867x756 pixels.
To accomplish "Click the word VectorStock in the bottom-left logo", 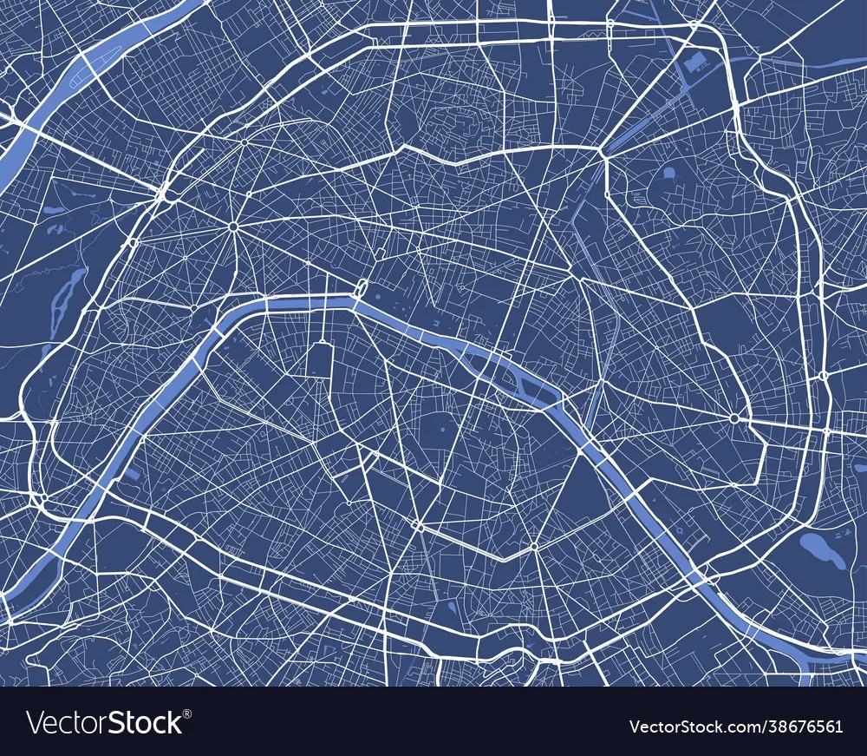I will point(105,722).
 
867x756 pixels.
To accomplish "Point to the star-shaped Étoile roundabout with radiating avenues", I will point(233,227).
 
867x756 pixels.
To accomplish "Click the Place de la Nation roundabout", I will point(734,418).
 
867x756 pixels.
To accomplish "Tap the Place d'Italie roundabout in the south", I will point(534,547).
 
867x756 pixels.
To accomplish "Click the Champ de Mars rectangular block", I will point(319,360).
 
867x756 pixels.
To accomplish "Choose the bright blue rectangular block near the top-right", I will point(694,62).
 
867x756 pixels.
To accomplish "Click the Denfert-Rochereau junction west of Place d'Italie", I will point(418,525).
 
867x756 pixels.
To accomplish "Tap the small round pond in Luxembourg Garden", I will point(441,430).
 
